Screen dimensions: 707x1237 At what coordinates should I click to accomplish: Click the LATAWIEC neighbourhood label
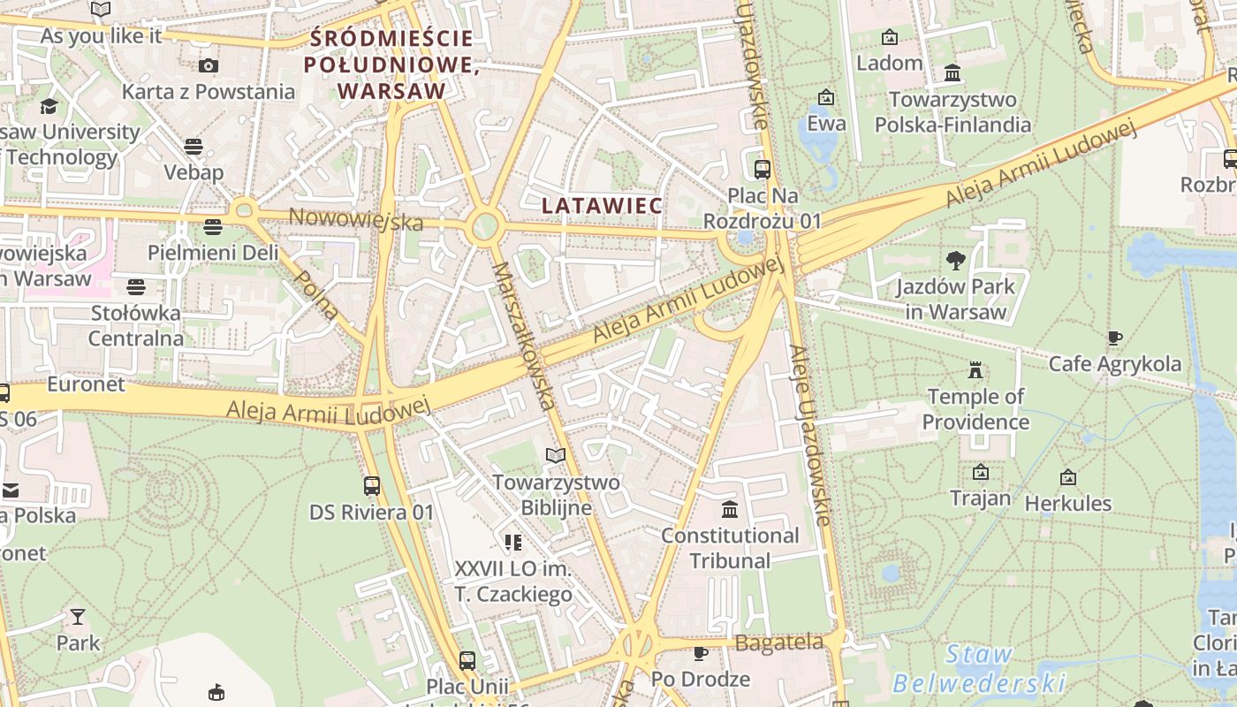tap(602, 206)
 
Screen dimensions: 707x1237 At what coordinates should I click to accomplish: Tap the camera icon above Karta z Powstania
tap(209, 65)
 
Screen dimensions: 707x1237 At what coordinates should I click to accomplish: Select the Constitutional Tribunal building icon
tap(730, 510)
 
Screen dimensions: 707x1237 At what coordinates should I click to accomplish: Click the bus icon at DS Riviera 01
tap(372, 485)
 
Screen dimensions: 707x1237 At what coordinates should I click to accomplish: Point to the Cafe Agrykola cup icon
tap(1115, 338)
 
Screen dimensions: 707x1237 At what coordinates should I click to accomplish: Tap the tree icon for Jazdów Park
tap(955, 260)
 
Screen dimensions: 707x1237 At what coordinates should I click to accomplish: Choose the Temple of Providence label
tap(975, 409)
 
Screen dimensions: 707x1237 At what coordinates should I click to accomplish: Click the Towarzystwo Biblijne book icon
tap(556, 456)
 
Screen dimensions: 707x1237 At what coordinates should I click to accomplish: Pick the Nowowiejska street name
tap(356, 219)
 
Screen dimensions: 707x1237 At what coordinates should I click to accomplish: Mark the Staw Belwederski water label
tap(978, 669)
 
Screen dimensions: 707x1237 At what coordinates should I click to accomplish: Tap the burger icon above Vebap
tap(194, 146)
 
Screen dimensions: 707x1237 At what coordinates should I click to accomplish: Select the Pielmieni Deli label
tap(212, 253)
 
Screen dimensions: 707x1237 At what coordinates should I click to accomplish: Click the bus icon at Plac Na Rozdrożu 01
tap(762, 169)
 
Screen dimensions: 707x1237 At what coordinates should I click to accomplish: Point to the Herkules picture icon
tap(1068, 477)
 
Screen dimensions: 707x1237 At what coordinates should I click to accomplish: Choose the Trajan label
tap(980, 498)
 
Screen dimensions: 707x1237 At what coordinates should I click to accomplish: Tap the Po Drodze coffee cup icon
tap(701, 653)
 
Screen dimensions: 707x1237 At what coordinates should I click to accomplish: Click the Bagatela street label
tap(778, 642)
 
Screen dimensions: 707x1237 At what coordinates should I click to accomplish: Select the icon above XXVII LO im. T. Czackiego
tap(513, 542)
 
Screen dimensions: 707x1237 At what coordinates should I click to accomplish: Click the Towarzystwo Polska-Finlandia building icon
tap(952, 72)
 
